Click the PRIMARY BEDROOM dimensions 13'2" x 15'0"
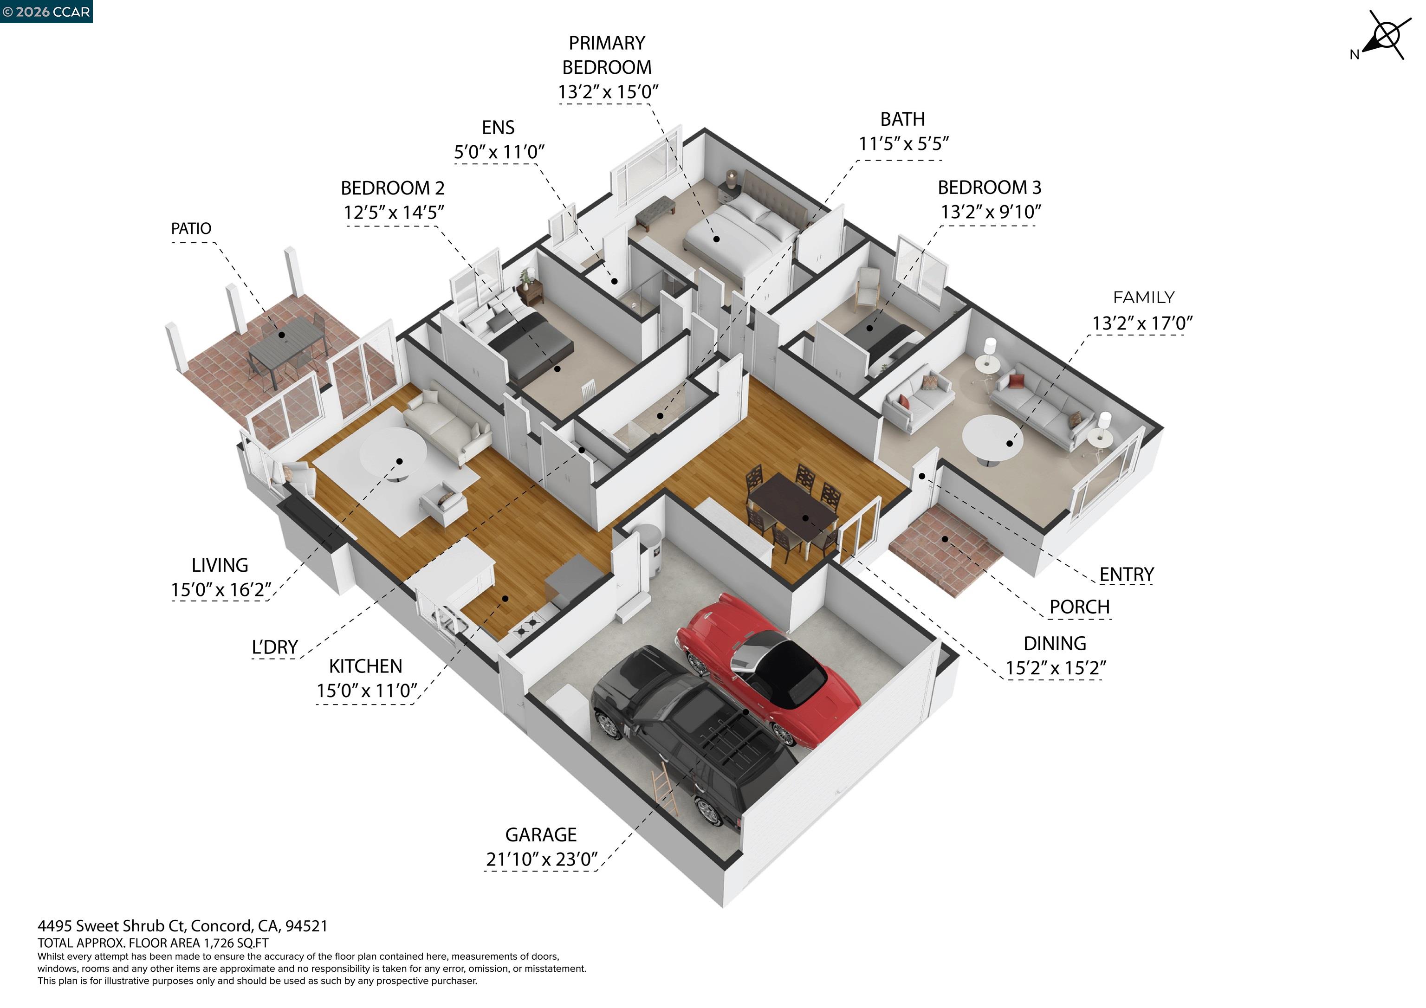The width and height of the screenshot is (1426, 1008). pyautogui.click(x=608, y=92)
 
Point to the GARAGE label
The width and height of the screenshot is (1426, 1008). pyautogui.click(x=541, y=835)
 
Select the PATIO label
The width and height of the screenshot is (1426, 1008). pyautogui.click(x=191, y=228)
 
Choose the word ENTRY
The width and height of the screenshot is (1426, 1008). pyautogui.click(x=1127, y=575)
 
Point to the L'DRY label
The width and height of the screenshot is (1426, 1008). pyautogui.click(x=274, y=647)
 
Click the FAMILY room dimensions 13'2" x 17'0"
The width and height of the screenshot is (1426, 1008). pyautogui.click(x=1143, y=323)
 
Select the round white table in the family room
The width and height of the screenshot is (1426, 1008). pyautogui.click(x=992, y=437)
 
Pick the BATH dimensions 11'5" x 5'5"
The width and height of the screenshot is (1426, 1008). pyautogui.click(x=904, y=144)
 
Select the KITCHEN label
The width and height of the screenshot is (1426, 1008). pyautogui.click(x=366, y=666)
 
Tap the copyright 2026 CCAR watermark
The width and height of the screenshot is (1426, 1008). pyautogui.click(x=46, y=12)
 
